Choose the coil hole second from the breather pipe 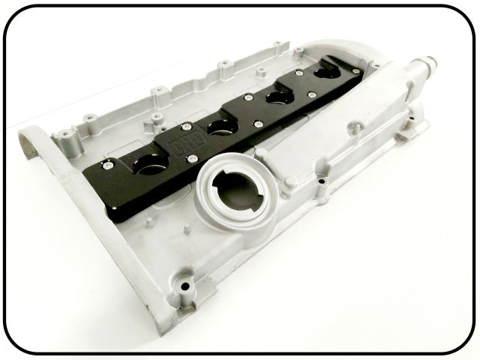pos(277,94)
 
